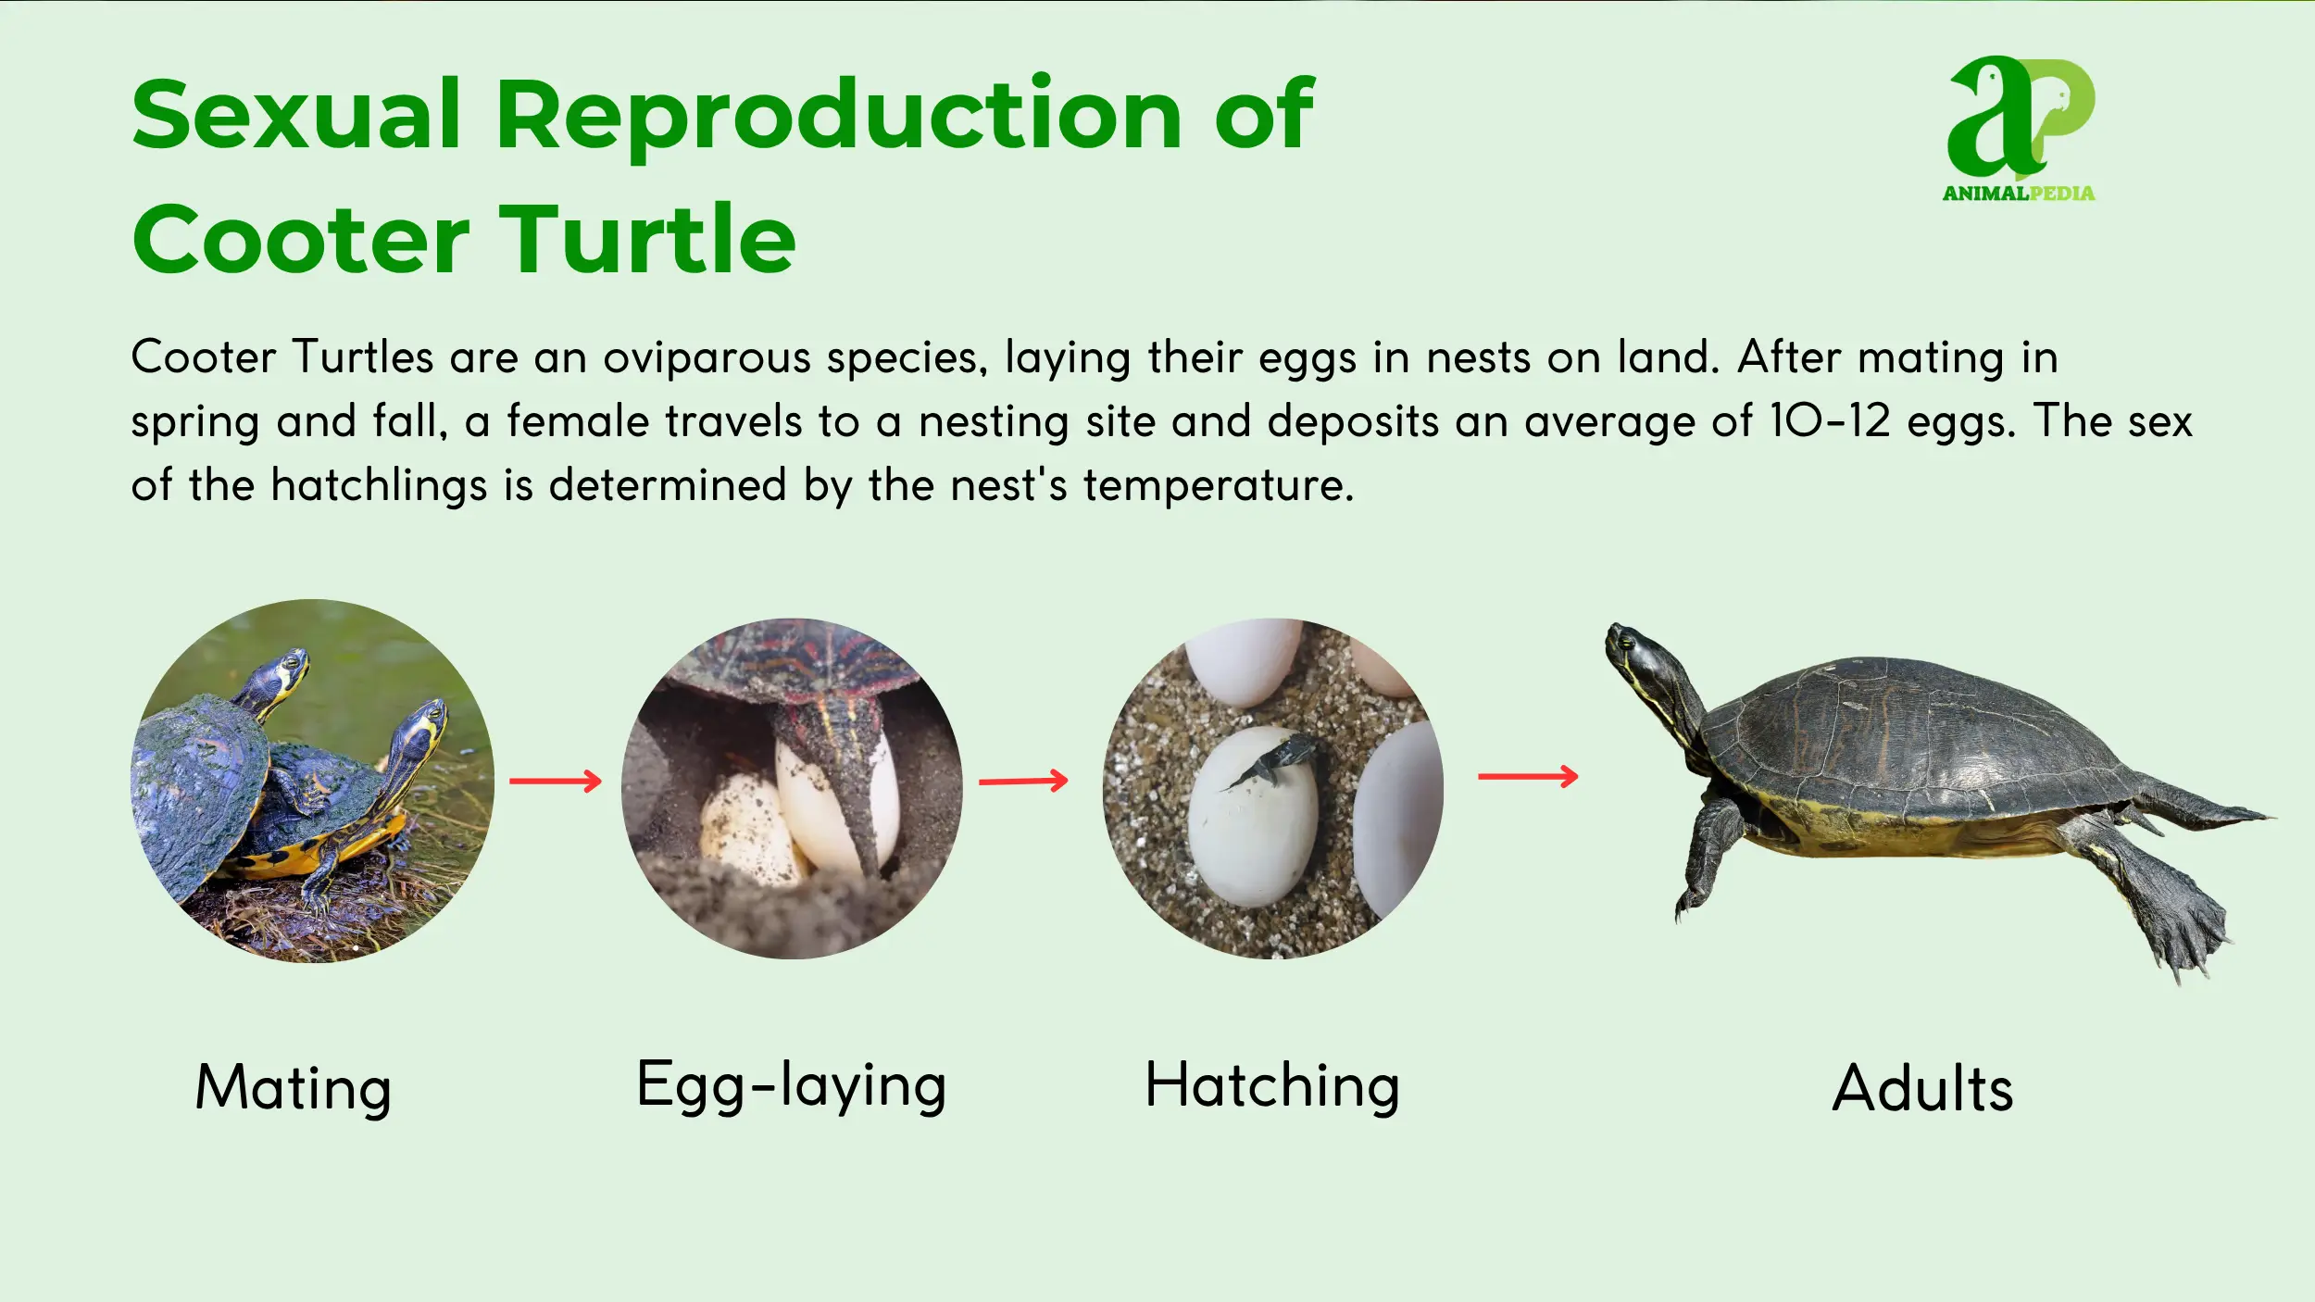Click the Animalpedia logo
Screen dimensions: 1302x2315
tap(2019, 128)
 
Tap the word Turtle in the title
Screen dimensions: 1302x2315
tap(647, 241)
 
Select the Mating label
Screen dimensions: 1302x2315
tap(293, 1087)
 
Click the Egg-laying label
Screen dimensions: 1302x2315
tap(791, 1084)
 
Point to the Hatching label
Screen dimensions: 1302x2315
tap(1271, 1085)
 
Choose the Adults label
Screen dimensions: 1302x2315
tap(1922, 1088)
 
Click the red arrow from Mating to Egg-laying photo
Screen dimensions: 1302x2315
tap(555, 782)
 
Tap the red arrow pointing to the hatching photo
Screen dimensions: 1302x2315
tap(1023, 782)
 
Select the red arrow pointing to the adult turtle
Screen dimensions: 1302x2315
tap(1528, 776)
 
